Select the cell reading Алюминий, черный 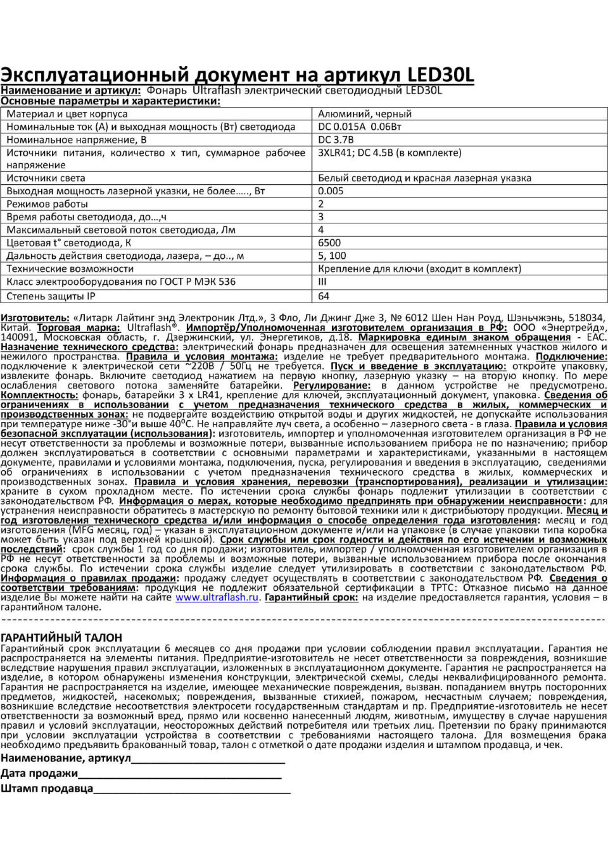point(364,114)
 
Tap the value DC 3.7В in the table point(336,140)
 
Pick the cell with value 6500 point(329,243)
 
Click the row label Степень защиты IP point(51,296)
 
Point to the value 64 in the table point(324,296)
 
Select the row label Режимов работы point(47,204)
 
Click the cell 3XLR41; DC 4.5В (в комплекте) point(389,153)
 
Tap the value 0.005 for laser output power point(331,191)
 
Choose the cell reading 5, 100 point(332,256)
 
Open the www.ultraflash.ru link point(217,597)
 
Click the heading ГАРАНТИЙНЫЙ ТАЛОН point(61,637)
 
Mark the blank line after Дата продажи point(180,774)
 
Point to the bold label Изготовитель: point(35,318)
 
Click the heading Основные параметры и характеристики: point(110,101)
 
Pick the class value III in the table point(322,282)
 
